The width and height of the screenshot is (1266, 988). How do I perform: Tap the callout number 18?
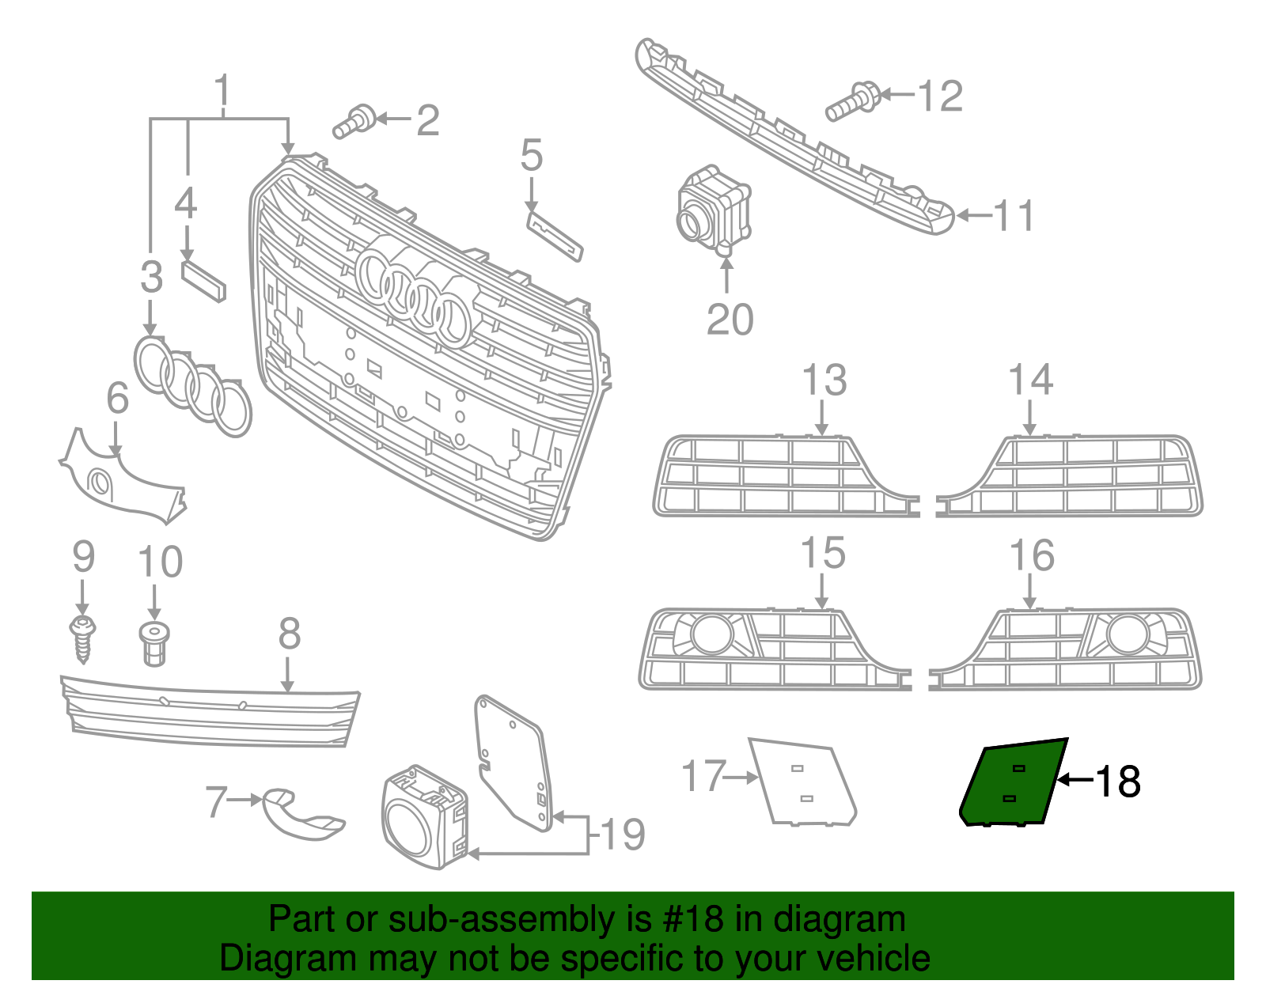pos(1117,782)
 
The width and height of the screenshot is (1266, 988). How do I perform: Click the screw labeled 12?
pos(852,102)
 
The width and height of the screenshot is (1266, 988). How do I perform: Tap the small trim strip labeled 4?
pos(203,280)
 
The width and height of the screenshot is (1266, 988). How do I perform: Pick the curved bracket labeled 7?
pos(301,815)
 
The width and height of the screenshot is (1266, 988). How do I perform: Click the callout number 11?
pos(1014,215)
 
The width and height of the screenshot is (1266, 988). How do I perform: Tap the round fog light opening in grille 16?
pos(1127,634)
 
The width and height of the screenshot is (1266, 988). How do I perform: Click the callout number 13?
pos(824,380)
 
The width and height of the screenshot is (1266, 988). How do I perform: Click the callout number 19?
pos(623,835)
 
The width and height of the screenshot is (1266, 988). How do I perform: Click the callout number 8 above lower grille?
pos(289,634)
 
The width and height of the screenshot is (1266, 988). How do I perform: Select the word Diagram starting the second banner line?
pos(265,959)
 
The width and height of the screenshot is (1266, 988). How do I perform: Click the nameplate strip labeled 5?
pos(554,234)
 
